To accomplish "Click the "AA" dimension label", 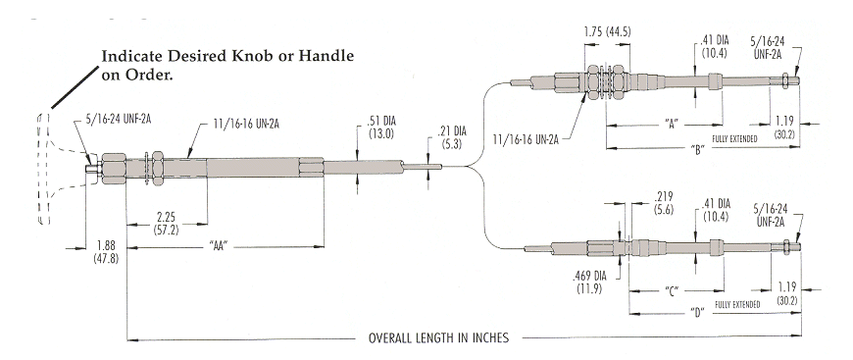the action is tap(218, 246).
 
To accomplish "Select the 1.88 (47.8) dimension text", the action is tap(106, 251).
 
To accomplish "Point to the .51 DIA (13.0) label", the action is tap(376, 128).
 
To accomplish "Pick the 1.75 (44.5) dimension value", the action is tap(607, 31).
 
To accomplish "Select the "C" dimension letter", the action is tap(673, 292).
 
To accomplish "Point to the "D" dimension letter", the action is tap(698, 313).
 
